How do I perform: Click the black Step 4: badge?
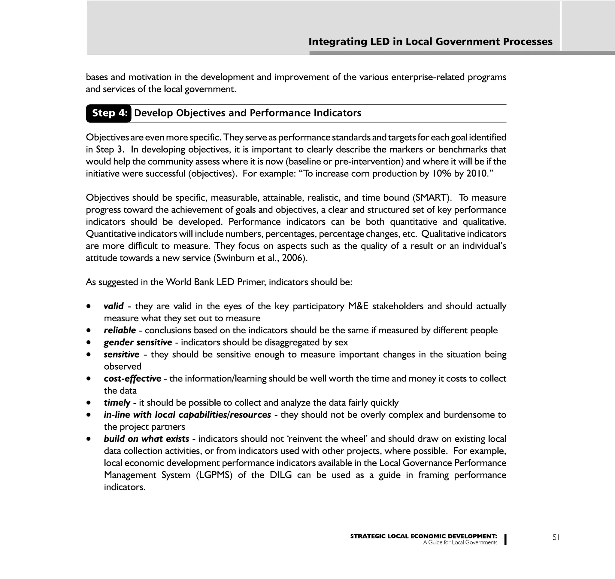click(x=109, y=113)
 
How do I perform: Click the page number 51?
click(x=556, y=537)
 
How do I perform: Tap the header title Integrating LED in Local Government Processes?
click(x=430, y=42)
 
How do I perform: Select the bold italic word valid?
click(x=114, y=306)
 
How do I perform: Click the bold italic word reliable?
click(x=120, y=330)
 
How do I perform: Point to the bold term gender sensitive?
click(x=138, y=342)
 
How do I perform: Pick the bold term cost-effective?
click(x=132, y=379)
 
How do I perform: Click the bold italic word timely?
click(x=117, y=403)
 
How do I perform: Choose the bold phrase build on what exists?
click(x=146, y=439)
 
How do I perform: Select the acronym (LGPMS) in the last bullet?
click(x=214, y=475)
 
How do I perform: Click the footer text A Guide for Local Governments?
click(x=460, y=542)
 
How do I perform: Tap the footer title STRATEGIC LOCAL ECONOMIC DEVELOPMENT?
click(x=423, y=536)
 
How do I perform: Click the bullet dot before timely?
click(x=89, y=403)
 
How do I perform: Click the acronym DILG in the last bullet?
click(x=280, y=475)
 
